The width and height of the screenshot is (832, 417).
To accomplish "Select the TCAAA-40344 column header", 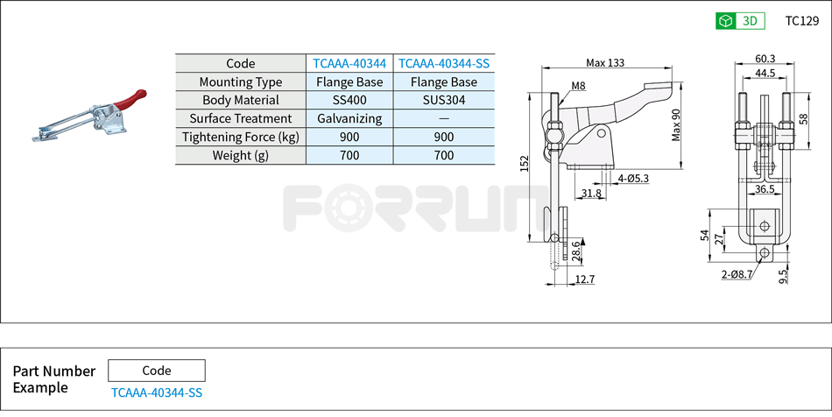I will point(349,63).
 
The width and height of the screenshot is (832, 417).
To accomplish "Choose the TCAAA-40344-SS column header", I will point(444,63).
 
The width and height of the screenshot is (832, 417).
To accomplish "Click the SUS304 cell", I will point(444,100).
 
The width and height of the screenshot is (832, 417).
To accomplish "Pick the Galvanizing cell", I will point(349,118).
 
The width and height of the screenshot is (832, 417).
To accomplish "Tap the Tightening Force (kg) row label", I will point(240,137).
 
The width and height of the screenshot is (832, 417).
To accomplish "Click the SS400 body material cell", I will point(349,100).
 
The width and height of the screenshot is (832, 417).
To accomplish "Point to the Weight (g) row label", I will point(240,155).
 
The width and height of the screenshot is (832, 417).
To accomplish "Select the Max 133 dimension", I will point(606,63).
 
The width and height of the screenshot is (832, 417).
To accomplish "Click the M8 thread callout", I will point(578,86).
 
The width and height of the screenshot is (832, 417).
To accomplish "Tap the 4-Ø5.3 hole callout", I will point(632,178).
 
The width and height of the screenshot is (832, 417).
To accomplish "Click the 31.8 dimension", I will point(590,193).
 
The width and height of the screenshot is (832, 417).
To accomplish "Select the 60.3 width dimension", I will point(765,60).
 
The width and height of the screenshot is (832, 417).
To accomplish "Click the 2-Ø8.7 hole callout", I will point(737,274).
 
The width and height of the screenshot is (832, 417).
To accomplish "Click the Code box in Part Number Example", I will point(156,371).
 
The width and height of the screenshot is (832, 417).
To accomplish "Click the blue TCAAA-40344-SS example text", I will point(156,392).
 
